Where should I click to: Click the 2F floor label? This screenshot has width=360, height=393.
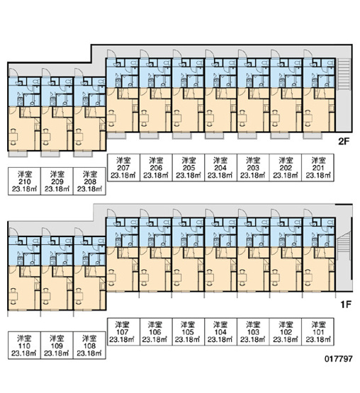click(344, 142)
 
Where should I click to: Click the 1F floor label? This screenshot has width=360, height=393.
click(345, 304)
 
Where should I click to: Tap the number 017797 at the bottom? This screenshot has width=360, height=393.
click(339, 359)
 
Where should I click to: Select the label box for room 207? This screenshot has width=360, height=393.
click(123, 167)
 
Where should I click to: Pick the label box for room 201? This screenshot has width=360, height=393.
click(318, 167)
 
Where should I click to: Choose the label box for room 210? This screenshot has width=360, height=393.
click(24, 181)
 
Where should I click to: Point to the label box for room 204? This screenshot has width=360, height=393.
click(220, 167)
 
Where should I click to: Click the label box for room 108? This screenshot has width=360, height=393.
click(89, 346)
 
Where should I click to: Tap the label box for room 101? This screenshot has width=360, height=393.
click(318, 332)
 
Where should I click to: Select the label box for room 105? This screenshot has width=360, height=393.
click(189, 332)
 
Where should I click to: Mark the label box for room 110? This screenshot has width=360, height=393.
click(24, 346)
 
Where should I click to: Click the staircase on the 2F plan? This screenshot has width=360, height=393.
click(344, 74)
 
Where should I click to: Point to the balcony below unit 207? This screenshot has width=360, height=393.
click(116, 135)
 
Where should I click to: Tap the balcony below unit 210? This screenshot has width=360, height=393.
click(18, 154)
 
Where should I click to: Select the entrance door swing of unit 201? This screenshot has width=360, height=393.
click(308, 54)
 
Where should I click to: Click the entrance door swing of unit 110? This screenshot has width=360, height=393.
click(13, 232)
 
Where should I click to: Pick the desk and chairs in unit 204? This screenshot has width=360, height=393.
click(210, 118)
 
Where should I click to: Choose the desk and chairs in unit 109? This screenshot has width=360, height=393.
click(45, 297)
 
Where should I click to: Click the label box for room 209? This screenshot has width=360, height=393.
click(57, 181)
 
